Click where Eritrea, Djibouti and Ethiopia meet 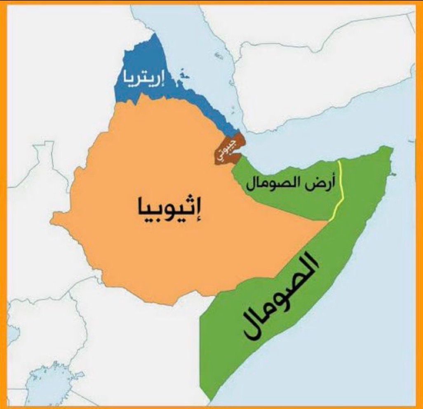225,138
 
